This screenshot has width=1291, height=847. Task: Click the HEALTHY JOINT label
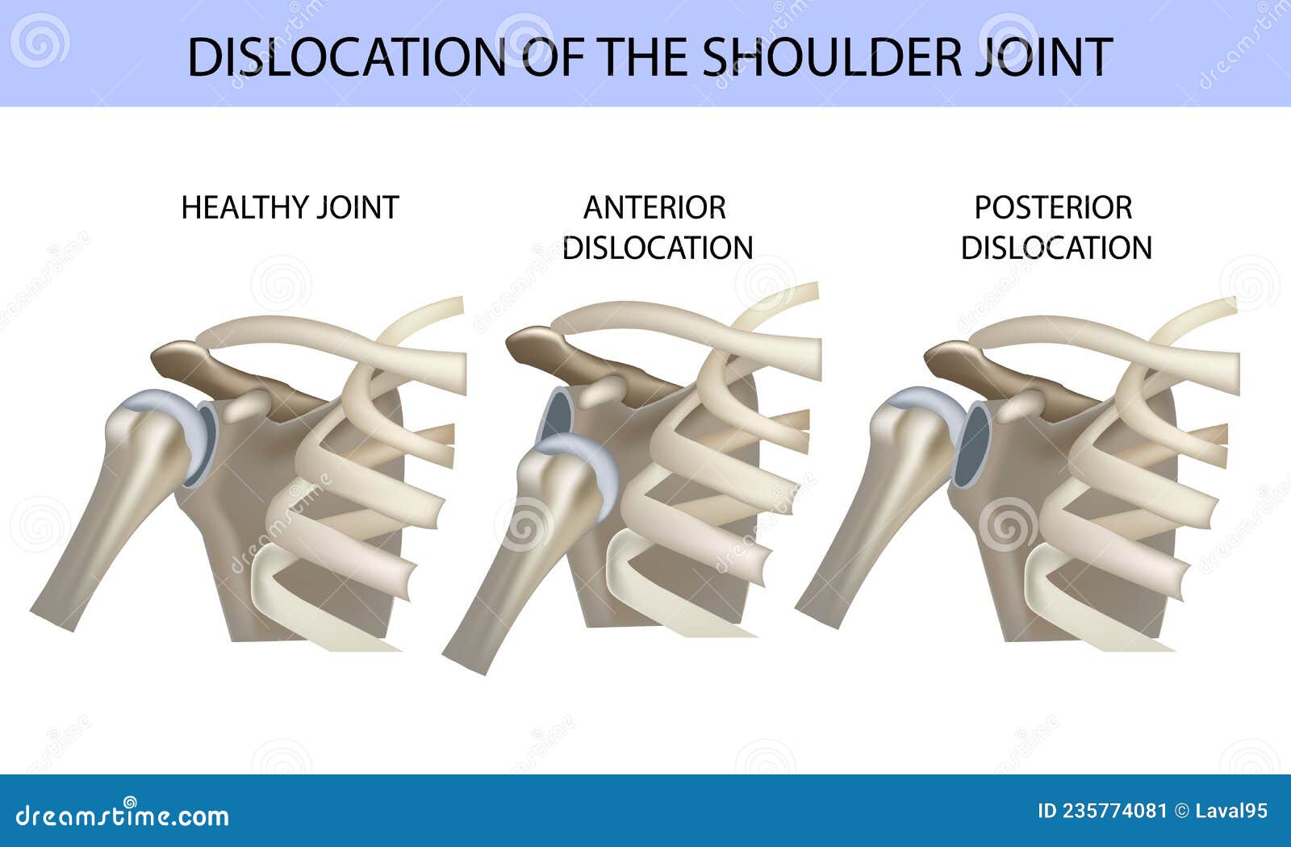pos(290,207)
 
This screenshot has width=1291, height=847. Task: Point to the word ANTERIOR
pos(654,207)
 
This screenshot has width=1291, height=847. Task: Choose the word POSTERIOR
pos(1053,207)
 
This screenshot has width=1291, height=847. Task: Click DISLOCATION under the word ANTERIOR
pos(658,248)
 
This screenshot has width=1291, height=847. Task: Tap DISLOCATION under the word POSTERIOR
pos(1056,248)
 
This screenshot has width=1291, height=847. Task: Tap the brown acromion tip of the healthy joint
pos(179,357)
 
